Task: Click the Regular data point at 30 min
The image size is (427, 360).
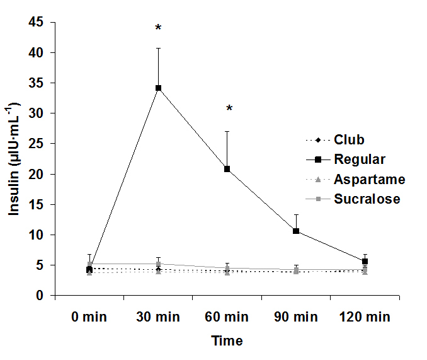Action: pos(159,88)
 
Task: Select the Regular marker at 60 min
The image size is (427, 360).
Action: pos(227,169)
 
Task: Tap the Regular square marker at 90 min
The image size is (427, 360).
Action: pos(295,231)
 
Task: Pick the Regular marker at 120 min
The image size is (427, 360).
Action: pos(364,261)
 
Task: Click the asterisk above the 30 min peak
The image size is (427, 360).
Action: pos(159,28)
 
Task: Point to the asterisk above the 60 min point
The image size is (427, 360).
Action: pos(229,109)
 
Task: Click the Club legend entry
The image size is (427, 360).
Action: pos(349,140)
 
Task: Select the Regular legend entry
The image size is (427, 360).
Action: pos(359,160)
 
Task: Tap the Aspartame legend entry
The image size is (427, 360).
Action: pos(369,180)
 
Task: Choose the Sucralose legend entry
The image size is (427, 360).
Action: pos(367,199)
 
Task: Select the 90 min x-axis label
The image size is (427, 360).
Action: pos(295,316)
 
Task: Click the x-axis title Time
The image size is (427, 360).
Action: pos(227,341)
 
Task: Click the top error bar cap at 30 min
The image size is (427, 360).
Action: pos(159,48)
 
